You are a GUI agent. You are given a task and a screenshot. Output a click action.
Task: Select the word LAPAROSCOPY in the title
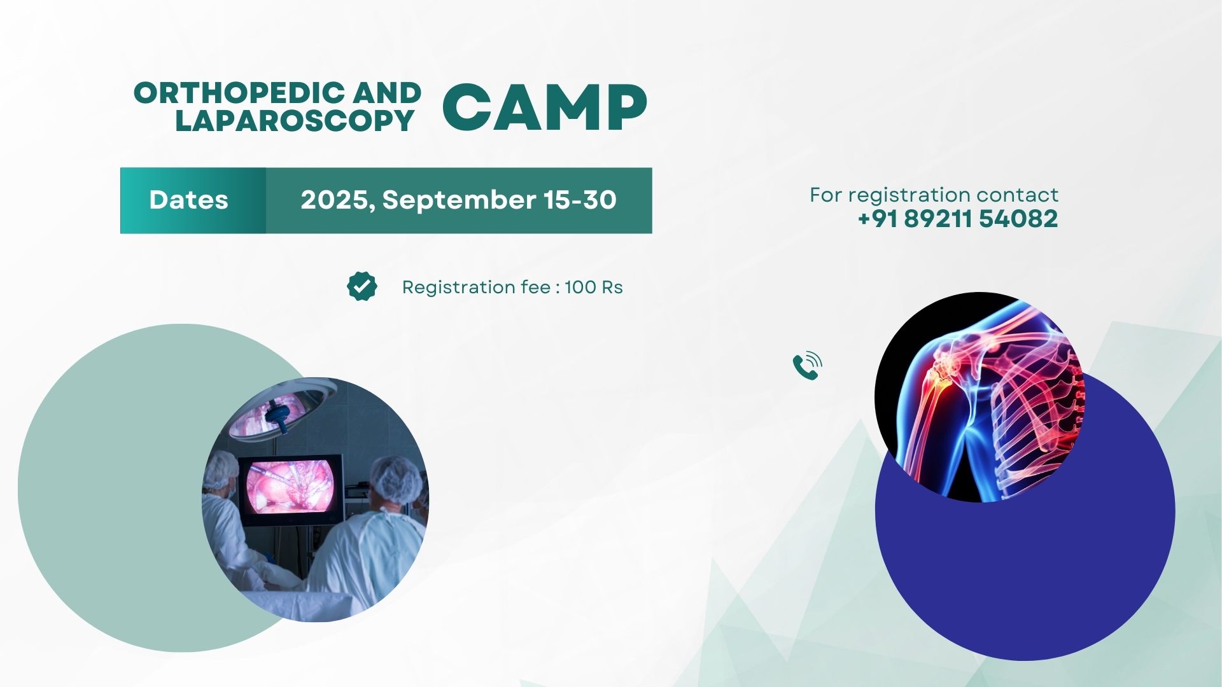click(x=295, y=120)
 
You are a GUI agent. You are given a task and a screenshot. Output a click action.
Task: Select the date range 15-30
click(x=580, y=200)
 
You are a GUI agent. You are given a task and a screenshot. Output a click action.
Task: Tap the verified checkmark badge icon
click(x=362, y=286)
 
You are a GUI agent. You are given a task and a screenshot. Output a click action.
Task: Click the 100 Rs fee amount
click(x=593, y=288)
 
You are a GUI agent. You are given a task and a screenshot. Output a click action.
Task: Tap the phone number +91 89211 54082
click(x=958, y=219)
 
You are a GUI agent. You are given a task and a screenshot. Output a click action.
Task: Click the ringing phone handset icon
click(x=807, y=366)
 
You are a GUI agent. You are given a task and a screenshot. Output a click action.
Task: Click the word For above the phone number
click(x=825, y=195)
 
